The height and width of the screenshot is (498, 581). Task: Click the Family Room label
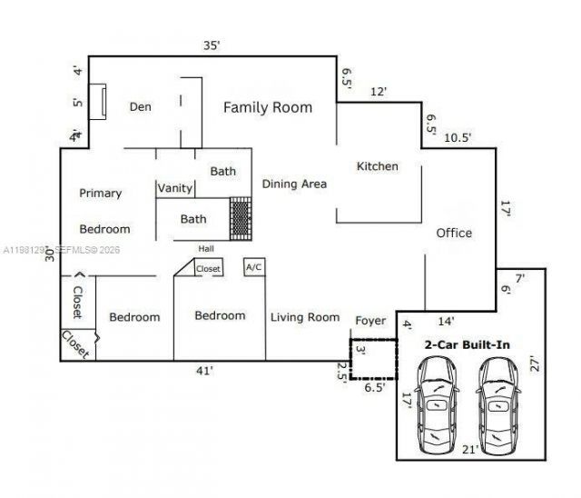pos(268,107)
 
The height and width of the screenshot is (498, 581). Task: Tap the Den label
pos(140,107)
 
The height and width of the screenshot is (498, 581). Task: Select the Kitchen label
pos(377,166)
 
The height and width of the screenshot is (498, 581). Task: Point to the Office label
pos(454,233)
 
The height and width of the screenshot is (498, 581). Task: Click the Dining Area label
pos(294,184)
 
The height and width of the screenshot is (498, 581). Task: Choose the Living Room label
pos(304,317)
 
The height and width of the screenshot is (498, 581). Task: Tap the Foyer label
pos(370,319)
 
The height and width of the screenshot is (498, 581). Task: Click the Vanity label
pos(175,188)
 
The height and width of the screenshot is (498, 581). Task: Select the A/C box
pos(253,268)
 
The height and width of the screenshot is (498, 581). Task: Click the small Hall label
pos(207,248)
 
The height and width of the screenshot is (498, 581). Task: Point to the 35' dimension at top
pos(212,45)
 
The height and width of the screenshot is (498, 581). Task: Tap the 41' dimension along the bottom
pos(204,371)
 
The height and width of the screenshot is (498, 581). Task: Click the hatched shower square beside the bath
pos(240,219)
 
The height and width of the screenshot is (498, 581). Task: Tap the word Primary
pos(100,193)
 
